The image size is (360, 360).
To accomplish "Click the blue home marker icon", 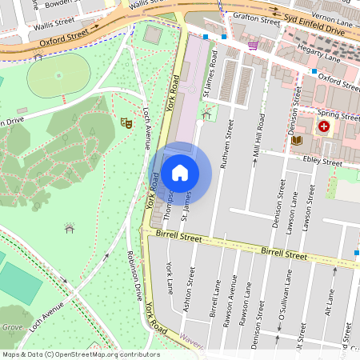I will [x=180, y=172].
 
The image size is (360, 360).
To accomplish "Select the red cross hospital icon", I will [x=324, y=126].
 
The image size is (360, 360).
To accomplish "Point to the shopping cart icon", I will [x=253, y=46].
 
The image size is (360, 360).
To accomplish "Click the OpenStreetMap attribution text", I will [x=81, y=354].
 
